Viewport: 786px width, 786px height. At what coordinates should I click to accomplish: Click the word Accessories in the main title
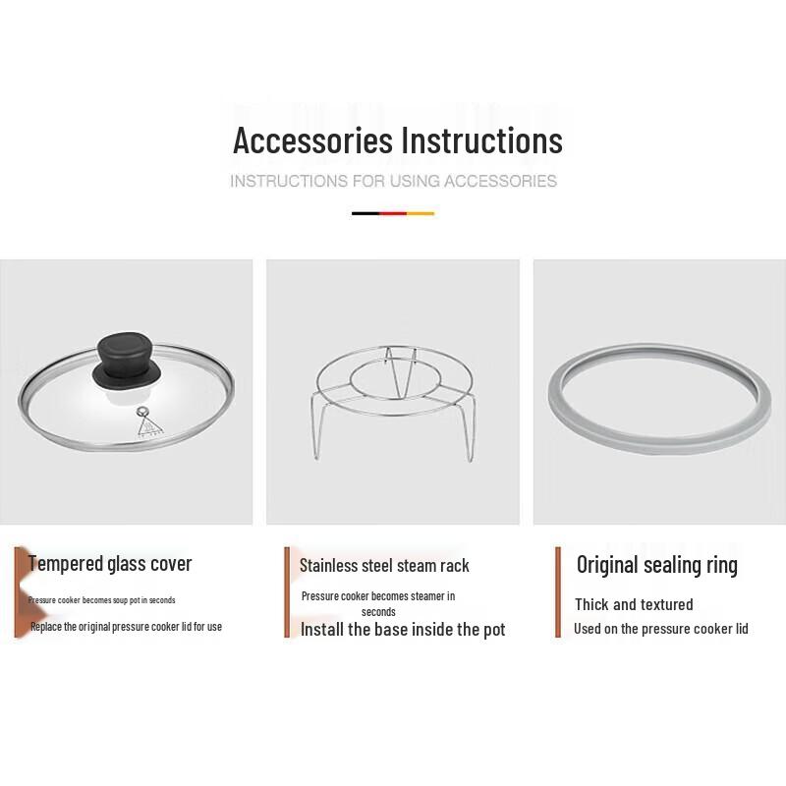pos(312,140)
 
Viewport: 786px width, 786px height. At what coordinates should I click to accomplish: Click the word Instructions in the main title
pos(480,140)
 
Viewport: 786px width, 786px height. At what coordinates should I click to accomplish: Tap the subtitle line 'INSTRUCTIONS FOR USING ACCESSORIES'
pos(393,181)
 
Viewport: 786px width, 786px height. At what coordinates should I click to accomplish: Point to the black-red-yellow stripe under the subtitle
pos(393,212)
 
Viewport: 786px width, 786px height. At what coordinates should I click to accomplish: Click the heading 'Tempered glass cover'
pos(110,564)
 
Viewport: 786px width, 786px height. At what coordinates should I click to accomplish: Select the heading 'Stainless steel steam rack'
pos(384,566)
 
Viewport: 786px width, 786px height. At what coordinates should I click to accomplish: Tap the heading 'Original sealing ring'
pos(656,565)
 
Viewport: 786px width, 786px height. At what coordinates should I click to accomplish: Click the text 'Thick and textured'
pos(634,604)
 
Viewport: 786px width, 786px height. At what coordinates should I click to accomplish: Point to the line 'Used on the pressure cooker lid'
pos(661,629)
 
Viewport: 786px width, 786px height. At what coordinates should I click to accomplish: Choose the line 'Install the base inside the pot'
pos(403,630)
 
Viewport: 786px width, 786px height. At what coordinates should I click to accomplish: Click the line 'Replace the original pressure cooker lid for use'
pos(126,627)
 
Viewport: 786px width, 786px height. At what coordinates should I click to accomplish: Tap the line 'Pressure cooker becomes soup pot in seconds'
pos(102,600)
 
